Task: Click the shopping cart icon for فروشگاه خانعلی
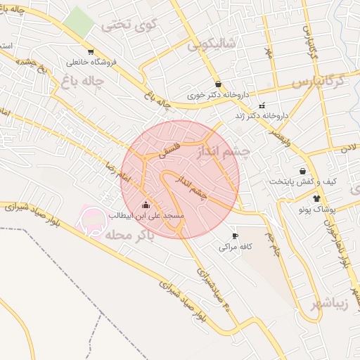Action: click(x=91, y=51)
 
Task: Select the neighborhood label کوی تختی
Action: click(x=127, y=26)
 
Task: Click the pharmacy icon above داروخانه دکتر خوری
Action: click(x=218, y=84)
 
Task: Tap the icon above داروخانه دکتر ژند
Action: click(x=262, y=105)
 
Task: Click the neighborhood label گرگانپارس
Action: click(x=320, y=81)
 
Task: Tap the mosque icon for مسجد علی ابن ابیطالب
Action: click(x=146, y=205)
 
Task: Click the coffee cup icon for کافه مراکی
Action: click(x=235, y=236)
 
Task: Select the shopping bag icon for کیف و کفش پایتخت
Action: click(x=302, y=171)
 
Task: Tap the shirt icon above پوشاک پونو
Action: click(x=318, y=198)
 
